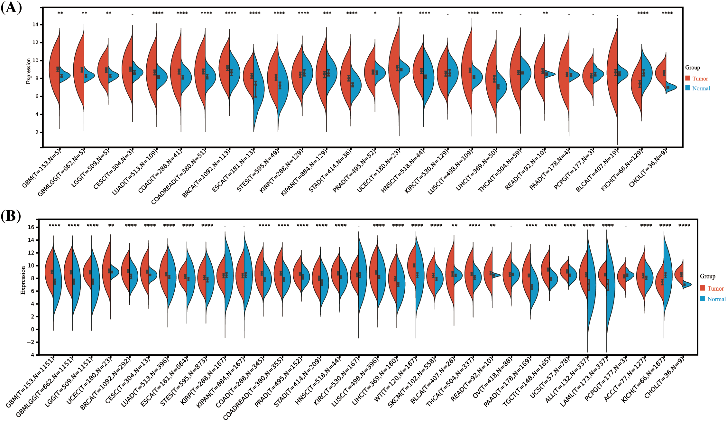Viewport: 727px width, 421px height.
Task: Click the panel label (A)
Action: click(x=12, y=7)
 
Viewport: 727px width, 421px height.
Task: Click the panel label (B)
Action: click(x=11, y=216)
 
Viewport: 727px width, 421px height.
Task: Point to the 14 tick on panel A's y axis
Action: click(x=35, y=24)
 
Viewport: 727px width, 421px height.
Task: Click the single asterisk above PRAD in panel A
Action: click(x=375, y=13)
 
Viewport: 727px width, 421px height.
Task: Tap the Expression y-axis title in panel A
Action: click(x=29, y=71)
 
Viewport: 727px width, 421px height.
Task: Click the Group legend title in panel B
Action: click(x=707, y=276)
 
